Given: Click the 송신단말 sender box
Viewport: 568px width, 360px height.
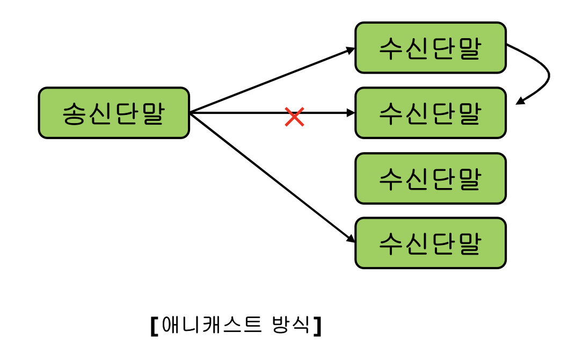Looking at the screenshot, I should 114,113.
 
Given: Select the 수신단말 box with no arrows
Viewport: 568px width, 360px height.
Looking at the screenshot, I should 431,178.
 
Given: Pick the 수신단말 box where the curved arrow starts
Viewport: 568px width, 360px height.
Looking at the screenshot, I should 431,48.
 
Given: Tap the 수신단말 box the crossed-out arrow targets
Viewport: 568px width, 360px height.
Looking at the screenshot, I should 431,113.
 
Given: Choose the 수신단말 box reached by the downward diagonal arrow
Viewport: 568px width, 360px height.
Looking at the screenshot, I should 431,243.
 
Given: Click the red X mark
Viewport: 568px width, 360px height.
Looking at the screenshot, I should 294,117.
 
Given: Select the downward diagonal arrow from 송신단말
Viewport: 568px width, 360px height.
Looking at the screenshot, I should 268,175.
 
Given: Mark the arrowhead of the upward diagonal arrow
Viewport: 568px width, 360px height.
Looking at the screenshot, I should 351,50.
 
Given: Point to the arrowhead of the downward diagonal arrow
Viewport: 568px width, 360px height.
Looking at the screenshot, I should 350,239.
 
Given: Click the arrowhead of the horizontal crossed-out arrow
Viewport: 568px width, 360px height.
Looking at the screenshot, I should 351,113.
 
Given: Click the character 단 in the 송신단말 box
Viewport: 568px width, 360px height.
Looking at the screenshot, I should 127,113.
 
